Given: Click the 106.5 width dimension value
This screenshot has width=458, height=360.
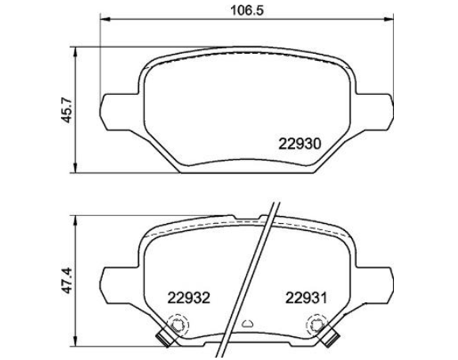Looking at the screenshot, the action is pyautogui.click(x=247, y=11).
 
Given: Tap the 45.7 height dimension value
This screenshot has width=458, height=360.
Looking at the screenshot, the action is pyautogui.click(x=66, y=110).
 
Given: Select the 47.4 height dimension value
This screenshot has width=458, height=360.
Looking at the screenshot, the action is pyautogui.click(x=66, y=280).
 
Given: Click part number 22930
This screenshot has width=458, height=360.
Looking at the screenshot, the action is pyautogui.click(x=300, y=144).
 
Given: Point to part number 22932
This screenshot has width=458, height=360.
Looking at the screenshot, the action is pyautogui.click(x=189, y=298).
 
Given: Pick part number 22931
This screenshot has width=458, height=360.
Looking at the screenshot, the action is pyautogui.click(x=306, y=298).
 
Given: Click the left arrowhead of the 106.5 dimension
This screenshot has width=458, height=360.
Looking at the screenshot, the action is pyautogui.click(x=105, y=19).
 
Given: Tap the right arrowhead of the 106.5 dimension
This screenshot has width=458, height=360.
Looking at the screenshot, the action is pyautogui.click(x=388, y=19).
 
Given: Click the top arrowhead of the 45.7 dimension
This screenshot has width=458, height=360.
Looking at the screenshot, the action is pyautogui.click(x=75, y=52).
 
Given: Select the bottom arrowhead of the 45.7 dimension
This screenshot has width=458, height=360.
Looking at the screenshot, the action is pyautogui.click(x=75, y=168).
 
